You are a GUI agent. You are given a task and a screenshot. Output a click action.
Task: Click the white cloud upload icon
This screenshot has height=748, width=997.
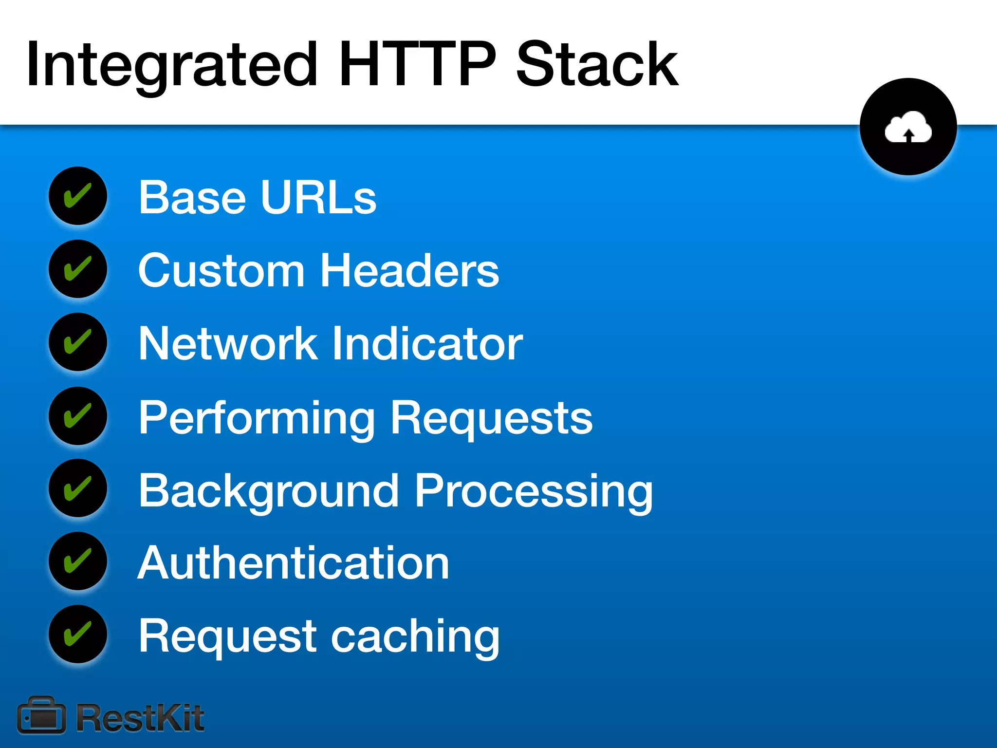[908, 127]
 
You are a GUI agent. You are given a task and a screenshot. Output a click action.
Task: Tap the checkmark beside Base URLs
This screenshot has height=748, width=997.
[78, 196]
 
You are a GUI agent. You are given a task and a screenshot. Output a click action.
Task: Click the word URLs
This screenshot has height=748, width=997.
[319, 197]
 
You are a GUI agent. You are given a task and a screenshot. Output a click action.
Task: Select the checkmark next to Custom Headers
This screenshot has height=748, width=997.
[78, 269]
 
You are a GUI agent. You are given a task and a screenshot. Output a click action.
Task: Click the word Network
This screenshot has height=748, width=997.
[228, 343]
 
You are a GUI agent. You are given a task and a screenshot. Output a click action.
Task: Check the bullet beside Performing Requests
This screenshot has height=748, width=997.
[78, 416]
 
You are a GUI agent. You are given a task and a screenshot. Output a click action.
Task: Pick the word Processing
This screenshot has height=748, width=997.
[534, 492]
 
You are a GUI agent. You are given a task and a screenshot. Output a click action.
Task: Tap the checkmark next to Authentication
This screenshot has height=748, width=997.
[78, 561]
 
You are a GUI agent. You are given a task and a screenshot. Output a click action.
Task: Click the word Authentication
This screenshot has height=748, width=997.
[294, 563]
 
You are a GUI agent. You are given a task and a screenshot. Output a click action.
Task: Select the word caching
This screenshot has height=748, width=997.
[415, 637]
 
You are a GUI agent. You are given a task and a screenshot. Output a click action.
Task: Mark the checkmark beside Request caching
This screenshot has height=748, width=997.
[78, 634]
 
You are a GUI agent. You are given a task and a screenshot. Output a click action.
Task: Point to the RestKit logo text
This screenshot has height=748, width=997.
[141, 718]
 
